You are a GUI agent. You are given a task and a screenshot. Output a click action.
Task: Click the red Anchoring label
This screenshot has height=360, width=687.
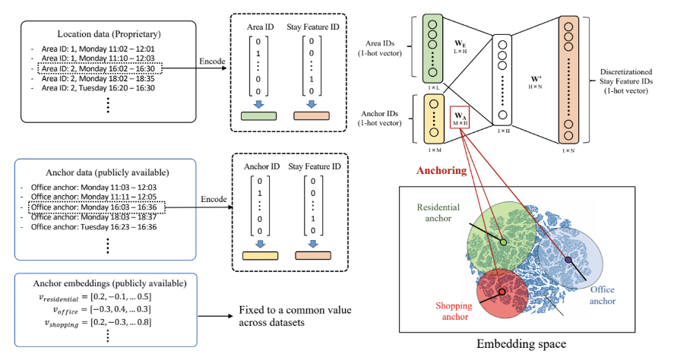[x=439, y=171]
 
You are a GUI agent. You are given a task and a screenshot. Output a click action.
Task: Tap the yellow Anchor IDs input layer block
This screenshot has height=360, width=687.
[x=432, y=119]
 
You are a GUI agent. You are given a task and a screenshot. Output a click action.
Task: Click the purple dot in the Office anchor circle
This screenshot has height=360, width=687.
[x=568, y=261]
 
